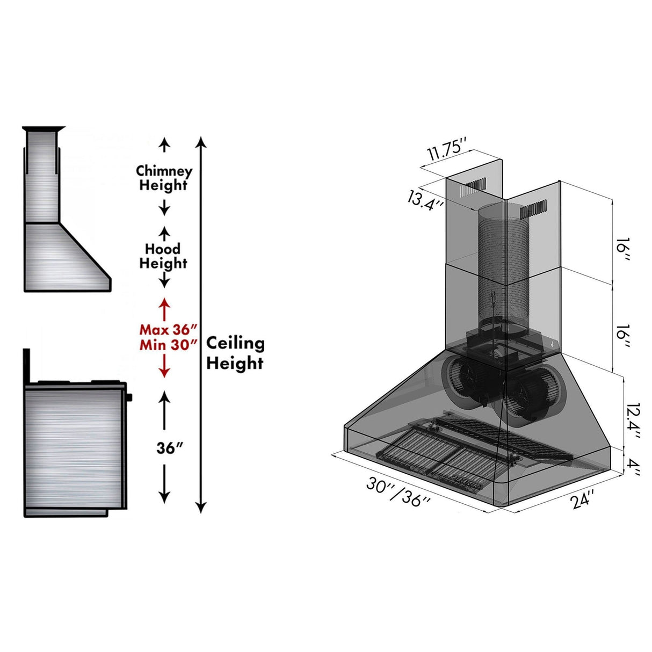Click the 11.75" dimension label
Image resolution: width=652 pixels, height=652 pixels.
tap(445, 148)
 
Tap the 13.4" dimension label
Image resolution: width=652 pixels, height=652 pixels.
tap(425, 200)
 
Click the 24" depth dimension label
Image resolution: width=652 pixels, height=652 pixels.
tap(583, 499)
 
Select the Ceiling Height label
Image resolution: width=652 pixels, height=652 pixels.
tap(235, 353)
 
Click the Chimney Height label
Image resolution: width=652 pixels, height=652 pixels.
tap(164, 178)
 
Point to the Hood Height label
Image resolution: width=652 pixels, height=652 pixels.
tap(163, 256)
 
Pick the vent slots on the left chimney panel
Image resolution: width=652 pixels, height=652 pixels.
tap(475, 186)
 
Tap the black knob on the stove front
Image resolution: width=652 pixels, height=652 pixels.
tap(129, 397)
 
